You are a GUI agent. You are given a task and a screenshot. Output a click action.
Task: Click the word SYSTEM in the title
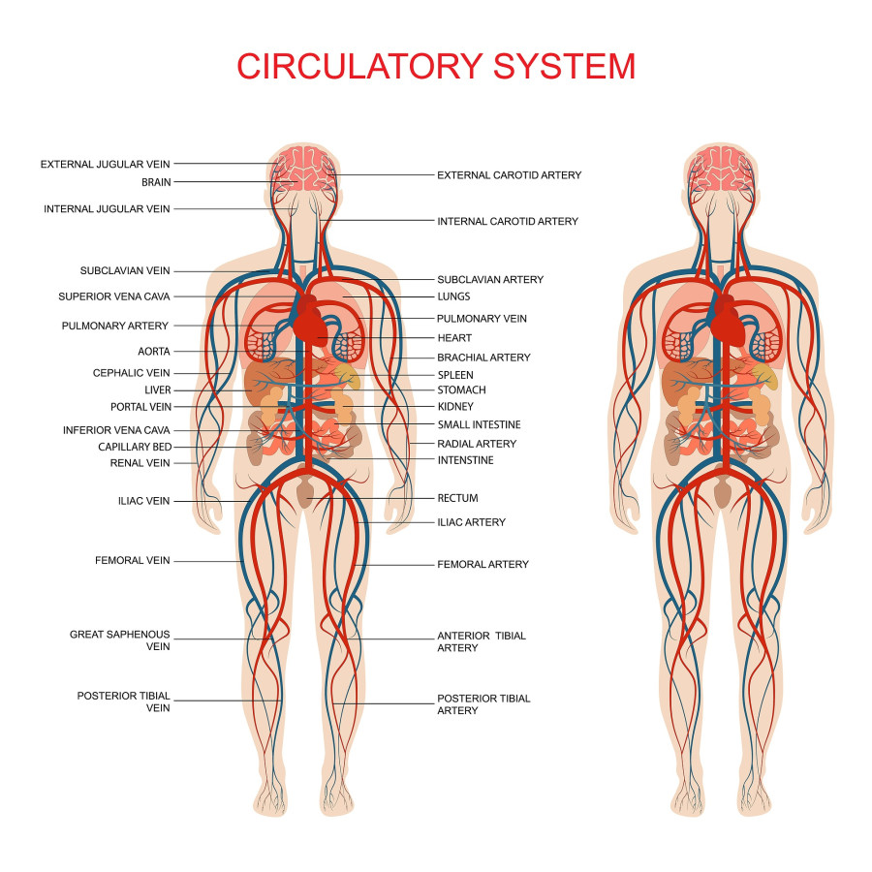[x=564, y=66]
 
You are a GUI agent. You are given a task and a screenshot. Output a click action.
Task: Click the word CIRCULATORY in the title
[x=359, y=66]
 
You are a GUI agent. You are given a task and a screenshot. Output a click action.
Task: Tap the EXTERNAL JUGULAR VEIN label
[x=105, y=164]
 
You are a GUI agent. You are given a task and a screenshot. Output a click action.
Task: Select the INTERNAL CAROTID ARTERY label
[x=508, y=221]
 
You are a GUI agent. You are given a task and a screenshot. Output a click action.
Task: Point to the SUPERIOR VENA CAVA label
[x=114, y=296]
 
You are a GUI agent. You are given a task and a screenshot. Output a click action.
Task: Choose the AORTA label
[x=154, y=352]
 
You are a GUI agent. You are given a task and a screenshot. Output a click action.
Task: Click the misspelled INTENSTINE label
[x=465, y=460]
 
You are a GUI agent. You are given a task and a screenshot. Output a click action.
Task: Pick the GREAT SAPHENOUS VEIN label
[x=119, y=640]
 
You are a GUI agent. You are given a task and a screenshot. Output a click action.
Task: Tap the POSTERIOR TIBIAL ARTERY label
[x=483, y=704]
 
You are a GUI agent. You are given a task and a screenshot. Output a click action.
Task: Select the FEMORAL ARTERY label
[x=483, y=564]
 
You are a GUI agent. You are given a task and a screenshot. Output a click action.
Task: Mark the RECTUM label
[x=457, y=498]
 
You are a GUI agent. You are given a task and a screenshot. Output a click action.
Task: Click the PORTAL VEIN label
[x=140, y=407]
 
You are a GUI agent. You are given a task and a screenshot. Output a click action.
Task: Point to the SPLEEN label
[x=455, y=375]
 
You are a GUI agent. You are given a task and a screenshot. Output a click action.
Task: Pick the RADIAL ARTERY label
[x=477, y=444]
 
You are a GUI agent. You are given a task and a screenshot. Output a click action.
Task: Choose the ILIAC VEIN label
[x=143, y=501]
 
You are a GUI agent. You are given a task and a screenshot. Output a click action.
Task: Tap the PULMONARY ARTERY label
[x=115, y=326]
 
